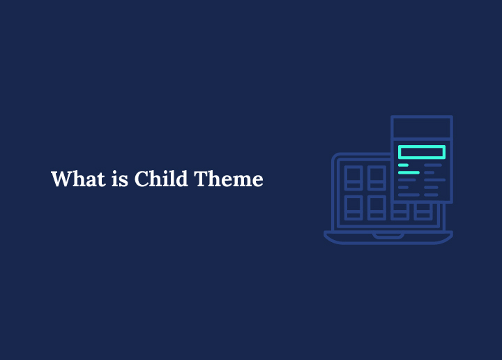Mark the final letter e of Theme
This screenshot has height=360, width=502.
(257, 181)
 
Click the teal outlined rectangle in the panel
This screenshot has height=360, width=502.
(421, 152)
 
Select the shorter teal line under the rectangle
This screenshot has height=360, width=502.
(403, 165)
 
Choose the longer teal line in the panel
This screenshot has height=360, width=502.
(409, 172)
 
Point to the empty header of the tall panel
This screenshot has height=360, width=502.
(421, 128)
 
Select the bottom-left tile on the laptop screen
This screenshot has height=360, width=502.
(353, 207)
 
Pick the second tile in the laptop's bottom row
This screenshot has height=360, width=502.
(376, 207)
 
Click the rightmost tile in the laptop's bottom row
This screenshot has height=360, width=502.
(423, 211)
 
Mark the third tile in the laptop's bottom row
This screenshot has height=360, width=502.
(400, 211)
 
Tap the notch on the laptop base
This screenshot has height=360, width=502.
(388, 236)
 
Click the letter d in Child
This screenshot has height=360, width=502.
(181, 179)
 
